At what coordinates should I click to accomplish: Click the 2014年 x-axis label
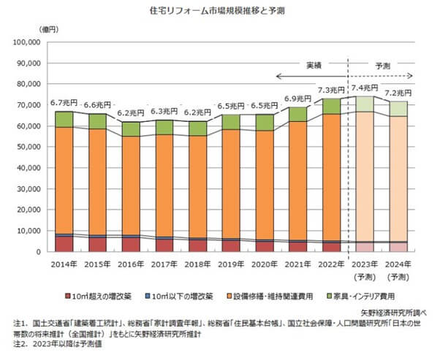pos(64,265)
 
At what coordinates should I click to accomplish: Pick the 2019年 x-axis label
pos(230,265)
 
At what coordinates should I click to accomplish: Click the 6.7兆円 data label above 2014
pos(63,103)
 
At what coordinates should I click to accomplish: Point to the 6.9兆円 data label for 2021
pos(297,98)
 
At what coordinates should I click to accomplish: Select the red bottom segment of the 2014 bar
pos(64,244)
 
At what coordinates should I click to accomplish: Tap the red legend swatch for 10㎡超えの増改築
pos(69,297)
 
